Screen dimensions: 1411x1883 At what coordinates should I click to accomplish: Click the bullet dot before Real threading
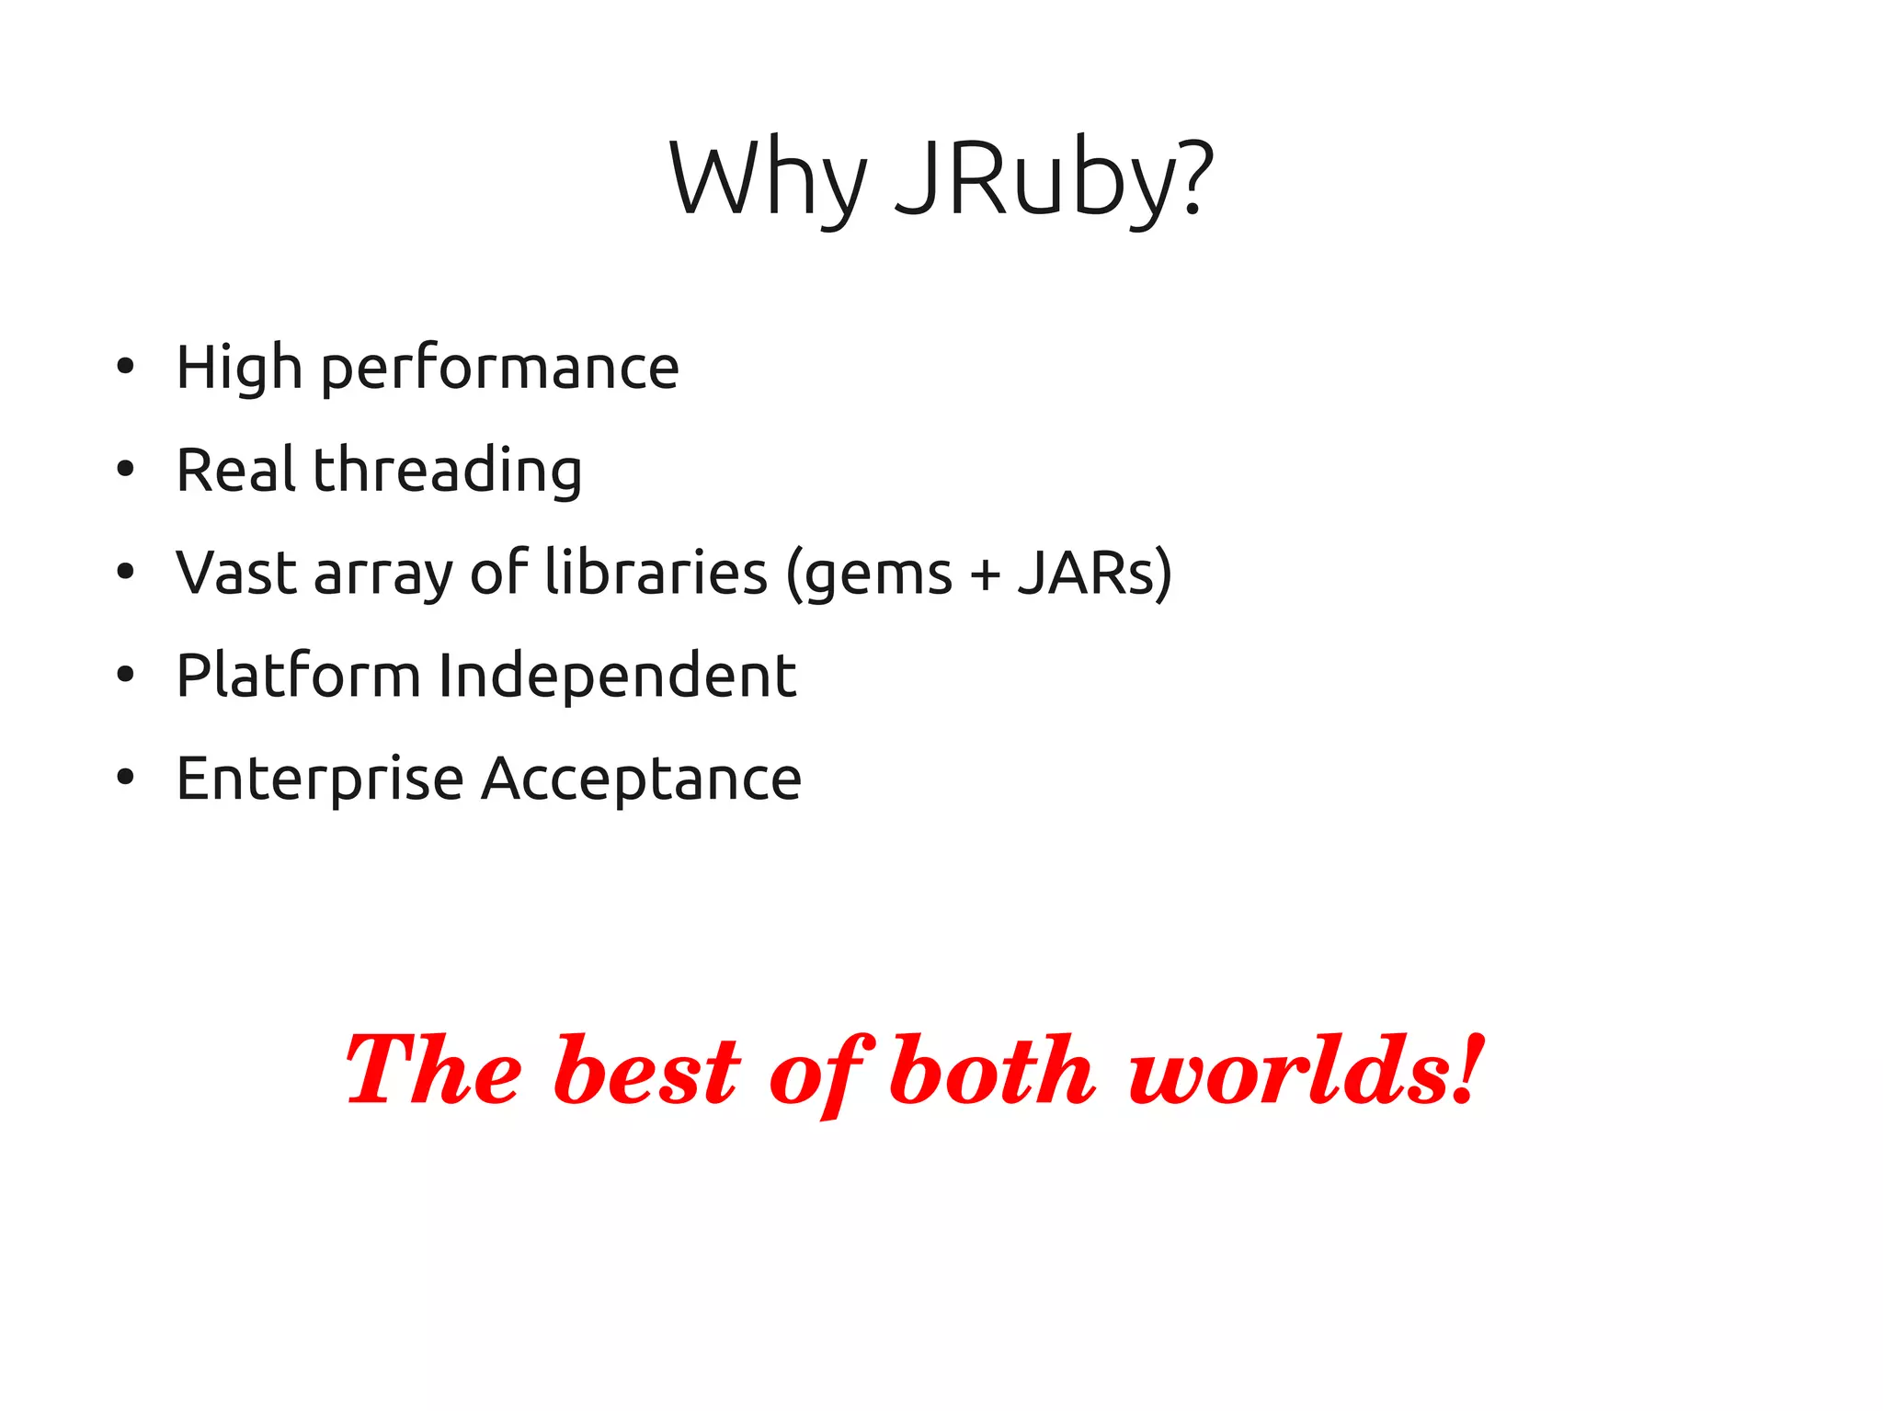point(126,470)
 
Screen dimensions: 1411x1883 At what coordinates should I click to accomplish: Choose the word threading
point(448,471)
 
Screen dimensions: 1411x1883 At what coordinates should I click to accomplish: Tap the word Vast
point(237,573)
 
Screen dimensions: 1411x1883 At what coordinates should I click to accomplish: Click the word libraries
point(656,572)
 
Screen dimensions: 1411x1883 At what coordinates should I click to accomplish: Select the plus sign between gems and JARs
point(985,575)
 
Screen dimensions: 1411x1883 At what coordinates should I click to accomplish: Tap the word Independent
point(617,677)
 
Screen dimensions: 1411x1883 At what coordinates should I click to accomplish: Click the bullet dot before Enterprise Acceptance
point(126,778)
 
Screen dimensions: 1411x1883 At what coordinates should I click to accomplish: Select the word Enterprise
point(320,779)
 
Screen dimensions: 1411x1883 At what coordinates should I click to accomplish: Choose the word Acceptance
point(642,779)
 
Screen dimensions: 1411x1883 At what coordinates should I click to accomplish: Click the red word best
point(646,1072)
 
